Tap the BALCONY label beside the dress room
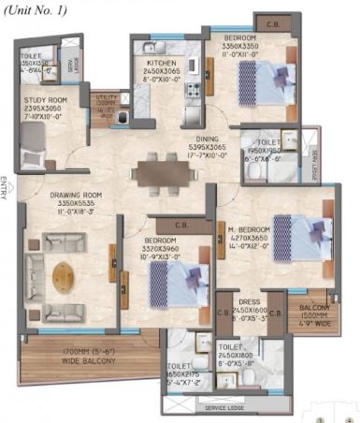pos(314,306)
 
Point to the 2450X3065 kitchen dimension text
pos(161,70)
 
